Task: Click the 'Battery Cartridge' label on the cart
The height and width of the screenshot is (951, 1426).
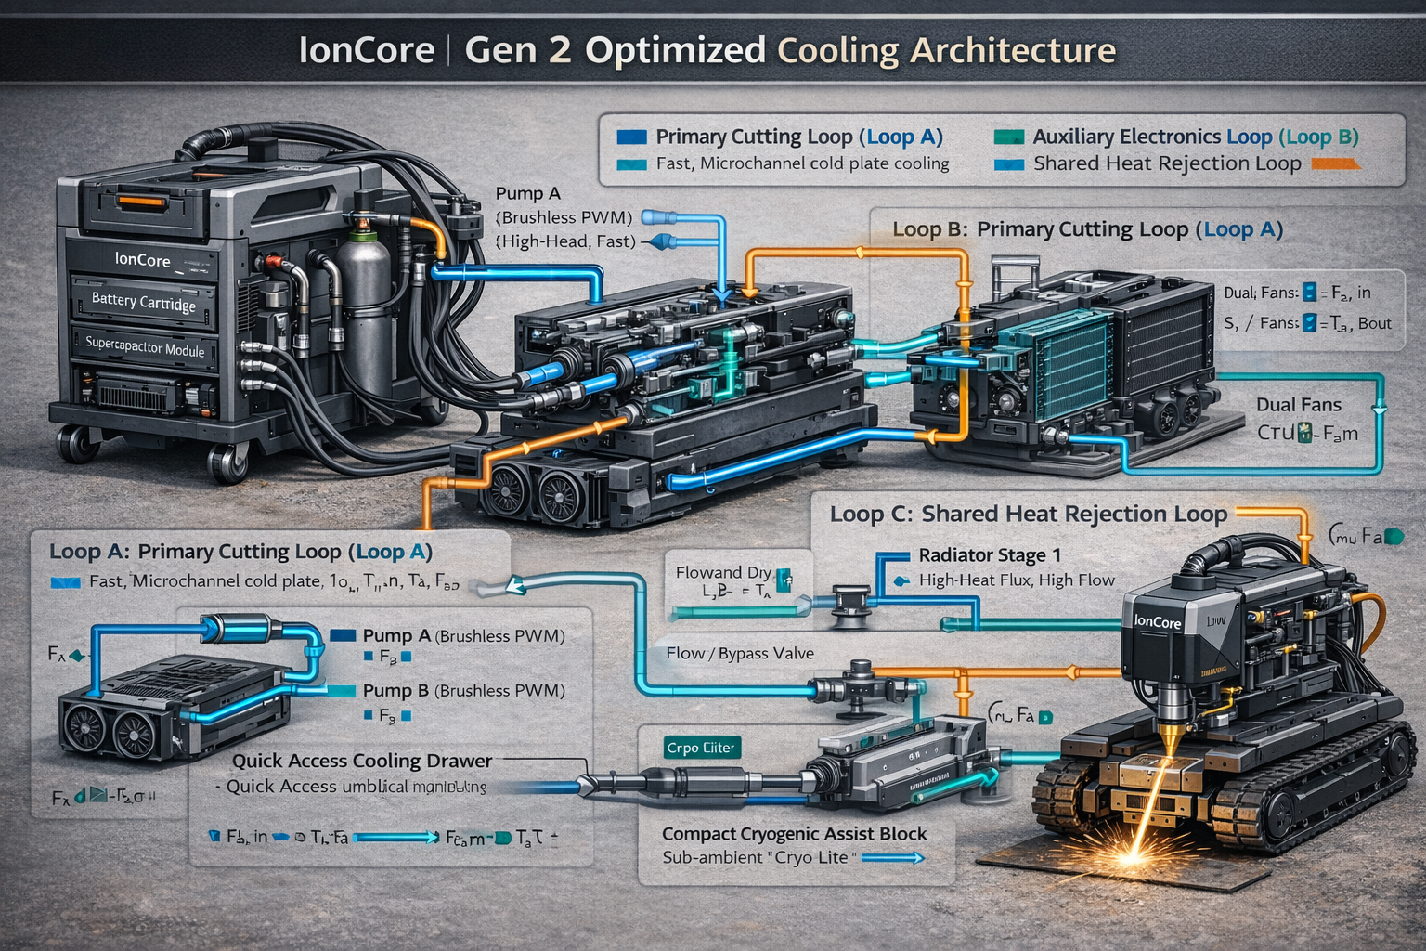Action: pos(144,301)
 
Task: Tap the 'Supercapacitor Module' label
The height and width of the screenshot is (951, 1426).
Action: pos(145,346)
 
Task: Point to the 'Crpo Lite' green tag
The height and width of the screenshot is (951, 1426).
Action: pos(701,748)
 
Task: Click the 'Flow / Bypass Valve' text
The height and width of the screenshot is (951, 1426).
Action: pos(740,654)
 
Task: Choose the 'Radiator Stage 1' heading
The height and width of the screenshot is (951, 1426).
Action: pos(989,555)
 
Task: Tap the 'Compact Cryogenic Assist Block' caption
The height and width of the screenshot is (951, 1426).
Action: pos(794,834)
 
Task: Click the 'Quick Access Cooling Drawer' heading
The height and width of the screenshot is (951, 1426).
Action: pos(362,761)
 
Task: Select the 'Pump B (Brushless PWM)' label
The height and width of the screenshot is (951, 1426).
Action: pos(463,691)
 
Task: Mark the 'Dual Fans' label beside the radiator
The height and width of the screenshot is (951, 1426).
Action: pos(1298,405)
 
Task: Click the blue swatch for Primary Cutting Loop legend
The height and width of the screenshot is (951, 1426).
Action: pos(631,137)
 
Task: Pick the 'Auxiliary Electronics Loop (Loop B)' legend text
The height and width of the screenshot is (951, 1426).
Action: pos(1196,137)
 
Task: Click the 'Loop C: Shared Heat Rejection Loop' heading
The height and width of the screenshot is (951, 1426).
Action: pos(1028,515)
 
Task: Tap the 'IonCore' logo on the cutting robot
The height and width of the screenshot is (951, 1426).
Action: pos(1158,621)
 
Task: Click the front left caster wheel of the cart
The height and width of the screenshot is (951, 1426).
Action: pos(79,444)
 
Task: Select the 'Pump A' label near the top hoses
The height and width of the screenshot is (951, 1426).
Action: pos(527,193)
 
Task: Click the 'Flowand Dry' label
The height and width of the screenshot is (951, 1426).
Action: pos(723,572)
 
